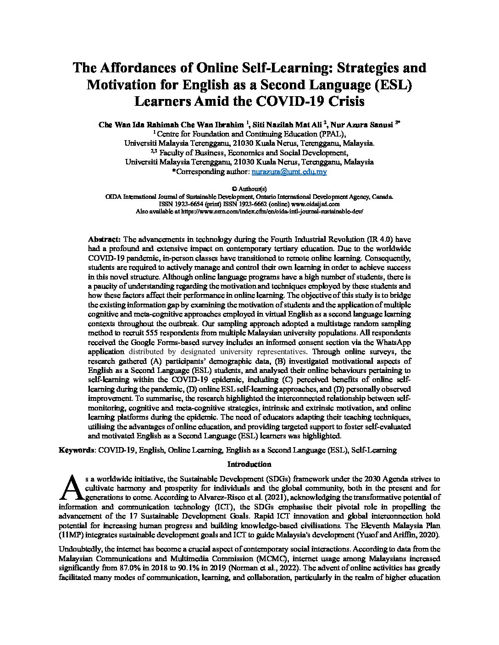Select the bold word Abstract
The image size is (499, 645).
104,239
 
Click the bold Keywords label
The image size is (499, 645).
76,450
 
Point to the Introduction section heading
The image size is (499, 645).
249,464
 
